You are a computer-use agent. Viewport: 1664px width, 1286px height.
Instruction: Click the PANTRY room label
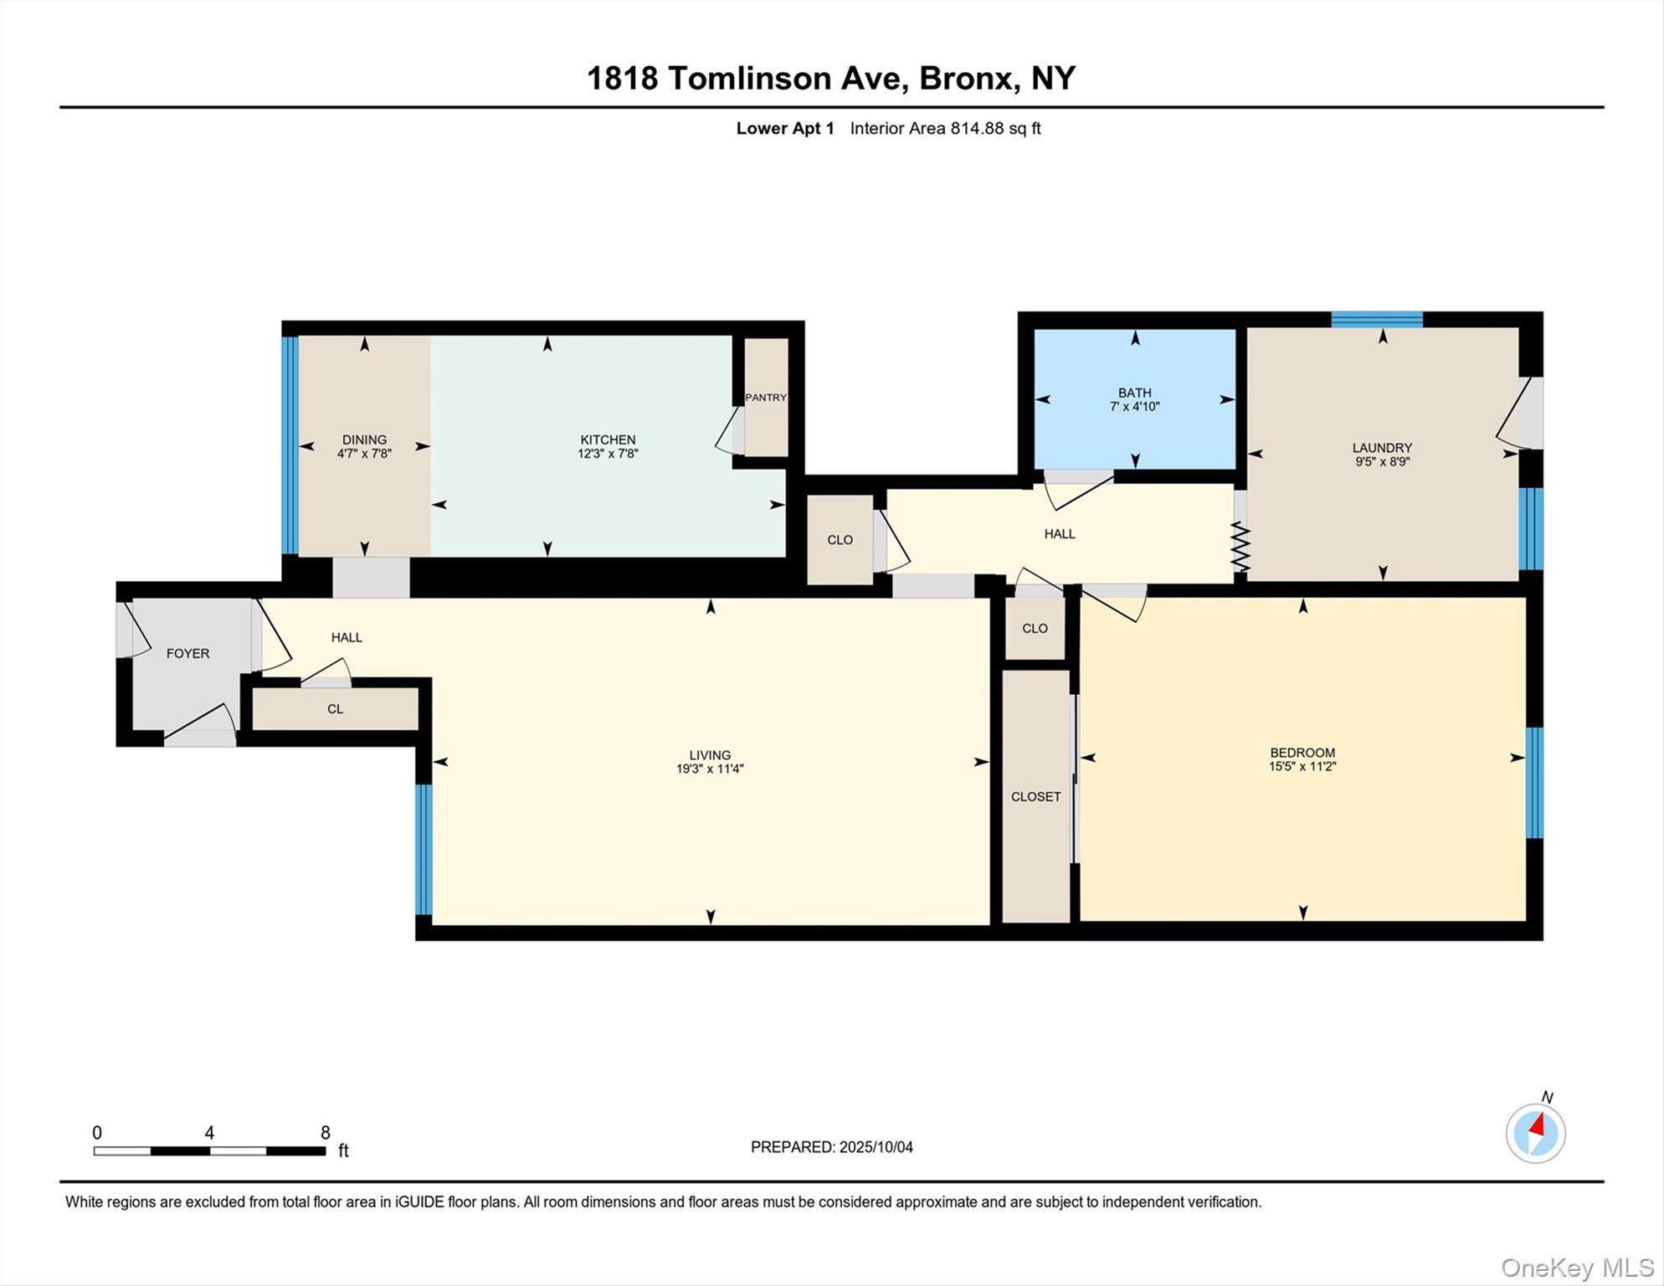[766, 398]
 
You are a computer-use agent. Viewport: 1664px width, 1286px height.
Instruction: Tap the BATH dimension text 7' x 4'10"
[1134, 407]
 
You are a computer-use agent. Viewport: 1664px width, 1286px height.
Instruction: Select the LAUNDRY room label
[1382, 448]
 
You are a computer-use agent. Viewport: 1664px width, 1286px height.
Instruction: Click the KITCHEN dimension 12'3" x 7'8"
[608, 454]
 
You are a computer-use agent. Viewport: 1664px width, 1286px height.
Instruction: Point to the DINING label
[364, 440]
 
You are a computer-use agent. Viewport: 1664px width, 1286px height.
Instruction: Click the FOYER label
[187, 654]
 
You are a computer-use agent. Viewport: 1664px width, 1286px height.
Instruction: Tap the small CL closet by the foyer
[335, 709]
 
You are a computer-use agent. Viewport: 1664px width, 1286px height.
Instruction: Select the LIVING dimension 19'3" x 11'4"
[710, 769]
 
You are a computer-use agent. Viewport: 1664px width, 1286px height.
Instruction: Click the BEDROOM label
[1302, 753]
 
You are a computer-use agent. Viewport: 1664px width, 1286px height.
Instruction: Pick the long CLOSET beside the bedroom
[1035, 796]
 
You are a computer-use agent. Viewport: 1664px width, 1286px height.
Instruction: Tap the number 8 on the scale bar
[326, 1133]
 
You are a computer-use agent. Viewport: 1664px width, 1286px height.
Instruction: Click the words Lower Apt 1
[785, 128]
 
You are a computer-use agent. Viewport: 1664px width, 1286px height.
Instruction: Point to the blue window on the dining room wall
[290, 445]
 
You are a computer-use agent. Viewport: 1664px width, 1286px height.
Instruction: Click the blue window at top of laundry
[1377, 319]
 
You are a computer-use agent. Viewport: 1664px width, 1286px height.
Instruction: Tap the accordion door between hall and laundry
[1240, 548]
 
